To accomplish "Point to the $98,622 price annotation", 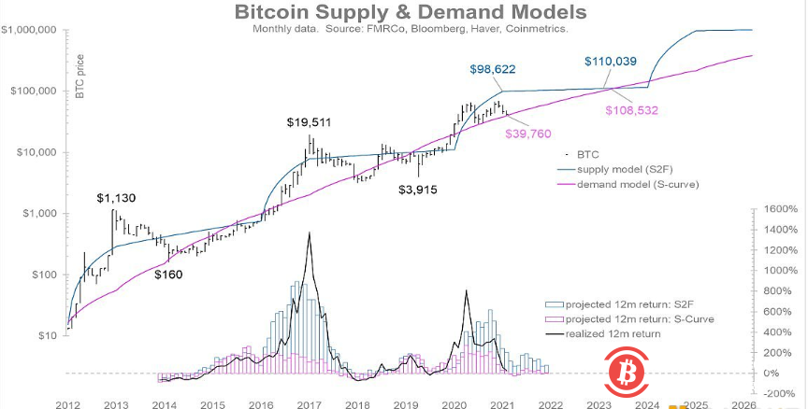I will [x=492, y=69].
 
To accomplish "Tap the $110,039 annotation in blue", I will [x=611, y=62].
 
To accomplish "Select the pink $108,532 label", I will [x=633, y=109].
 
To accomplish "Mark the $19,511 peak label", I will [x=309, y=121].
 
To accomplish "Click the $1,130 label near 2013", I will [x=116, y=198].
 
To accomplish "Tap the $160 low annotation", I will [x=170, y=274].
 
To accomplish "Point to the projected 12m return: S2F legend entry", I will [x=617, y=305].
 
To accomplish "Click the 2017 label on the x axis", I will [x=309, y=403].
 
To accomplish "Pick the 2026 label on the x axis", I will [x=743, y=403].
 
